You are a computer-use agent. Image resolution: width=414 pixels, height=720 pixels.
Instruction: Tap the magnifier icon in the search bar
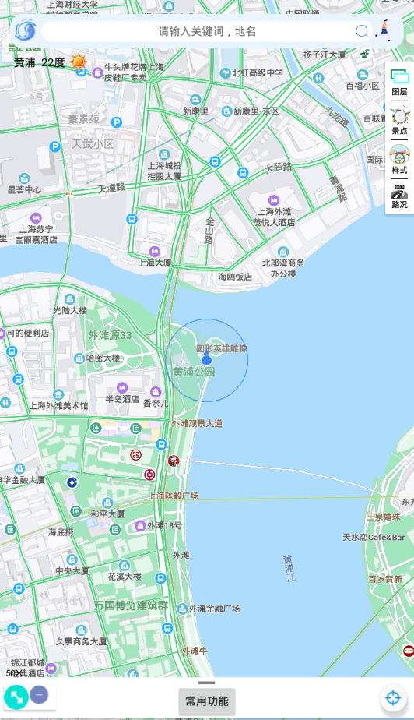click(362, 31)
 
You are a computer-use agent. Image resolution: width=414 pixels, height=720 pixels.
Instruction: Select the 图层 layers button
click(399, 82)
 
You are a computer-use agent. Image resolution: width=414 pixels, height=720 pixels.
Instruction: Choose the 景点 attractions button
click(399, 122)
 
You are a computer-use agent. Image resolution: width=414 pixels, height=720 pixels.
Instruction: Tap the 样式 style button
click(399, 160)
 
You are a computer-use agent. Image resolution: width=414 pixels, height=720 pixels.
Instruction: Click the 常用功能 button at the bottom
click(206, 701)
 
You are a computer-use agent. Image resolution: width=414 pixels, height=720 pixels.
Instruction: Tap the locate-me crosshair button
click(393, 697)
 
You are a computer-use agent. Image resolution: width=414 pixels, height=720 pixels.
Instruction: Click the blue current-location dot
click(206, 360)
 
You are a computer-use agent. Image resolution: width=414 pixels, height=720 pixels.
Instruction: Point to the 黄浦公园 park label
click(194, 372)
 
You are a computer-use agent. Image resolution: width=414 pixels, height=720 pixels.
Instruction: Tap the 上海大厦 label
click(154, 263)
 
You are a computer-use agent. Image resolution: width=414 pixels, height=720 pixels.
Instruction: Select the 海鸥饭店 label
click(235, 277)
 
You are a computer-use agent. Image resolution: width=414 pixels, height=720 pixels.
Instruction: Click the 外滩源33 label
click(110, 335)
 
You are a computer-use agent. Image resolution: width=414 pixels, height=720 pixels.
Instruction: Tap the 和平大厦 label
click(107, 514)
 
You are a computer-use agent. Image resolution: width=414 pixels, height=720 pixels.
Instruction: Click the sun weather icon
click(79, 62)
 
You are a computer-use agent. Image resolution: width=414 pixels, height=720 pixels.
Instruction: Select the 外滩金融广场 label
click(216, 609)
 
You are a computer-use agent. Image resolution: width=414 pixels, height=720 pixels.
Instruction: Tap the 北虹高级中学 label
click(258, 72)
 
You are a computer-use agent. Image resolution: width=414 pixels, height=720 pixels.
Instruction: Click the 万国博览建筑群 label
click(131, 605)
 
